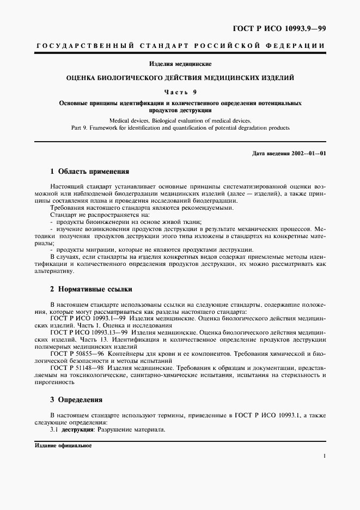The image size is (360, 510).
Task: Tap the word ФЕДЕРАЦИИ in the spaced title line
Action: point(297,48)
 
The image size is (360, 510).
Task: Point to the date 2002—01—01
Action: point(307,153)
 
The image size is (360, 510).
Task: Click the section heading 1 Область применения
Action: point(89,171)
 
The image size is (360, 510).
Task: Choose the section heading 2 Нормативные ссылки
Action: point(91,289)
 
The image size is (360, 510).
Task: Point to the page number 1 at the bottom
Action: point(325,456)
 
